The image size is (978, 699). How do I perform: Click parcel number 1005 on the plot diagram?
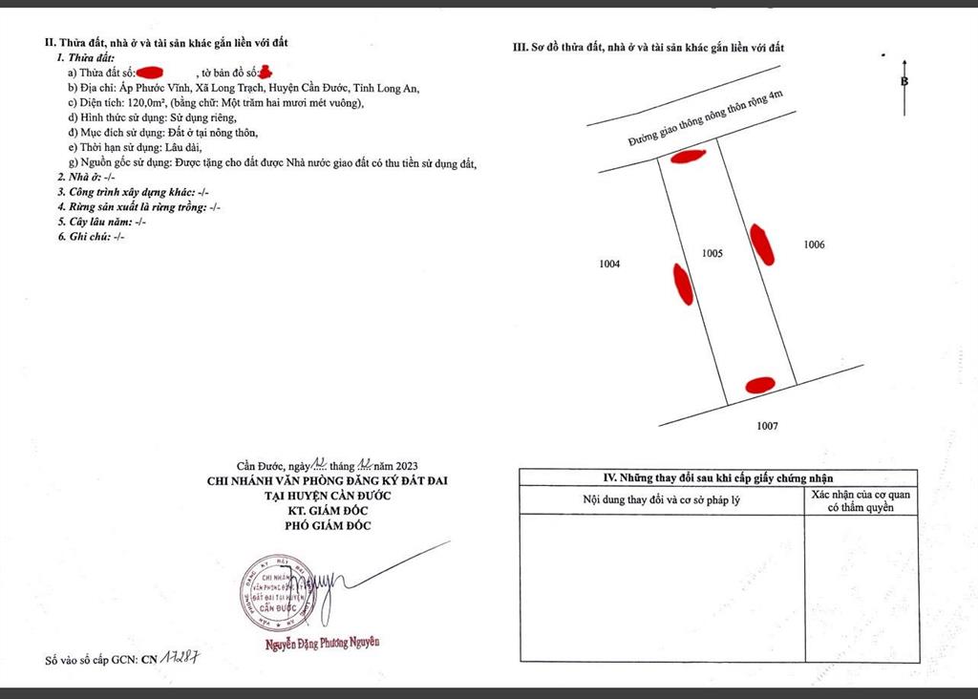click(712, 254)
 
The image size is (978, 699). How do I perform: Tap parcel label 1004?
click(609, 265)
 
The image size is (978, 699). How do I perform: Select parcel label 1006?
click(814, 244)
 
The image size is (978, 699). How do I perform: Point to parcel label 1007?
click(768, 426)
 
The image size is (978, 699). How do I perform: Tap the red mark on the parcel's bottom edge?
click(759, 385)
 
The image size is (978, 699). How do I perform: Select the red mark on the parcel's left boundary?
click(683, 283)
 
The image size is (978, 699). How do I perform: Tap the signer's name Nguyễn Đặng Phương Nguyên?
click(322, 643)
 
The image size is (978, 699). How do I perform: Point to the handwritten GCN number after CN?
click(187, 659)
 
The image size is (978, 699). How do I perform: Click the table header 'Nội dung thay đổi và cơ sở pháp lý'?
click(661, 500)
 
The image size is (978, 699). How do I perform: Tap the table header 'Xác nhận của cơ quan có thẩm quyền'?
click(861, 501)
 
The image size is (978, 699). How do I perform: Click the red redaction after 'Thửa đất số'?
click(154, 73)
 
